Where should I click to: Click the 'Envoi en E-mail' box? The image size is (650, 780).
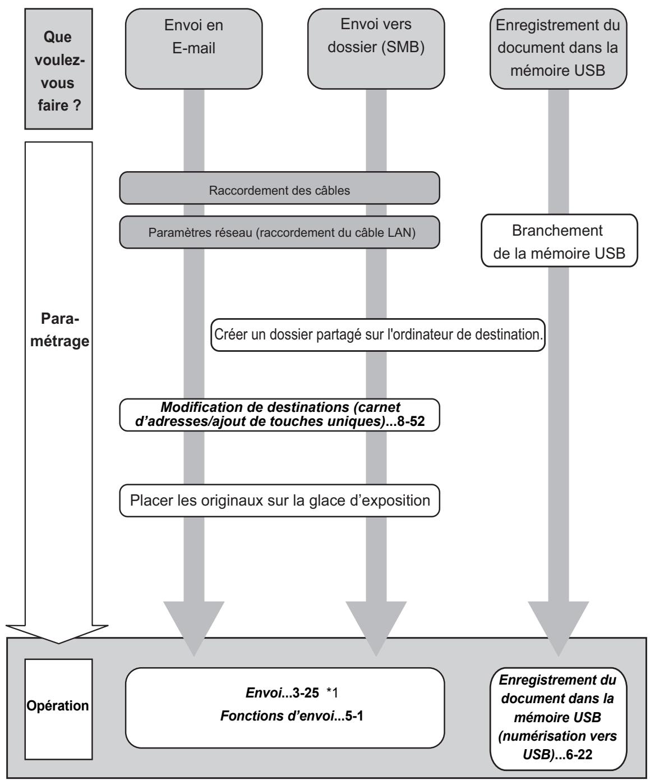click(194, 49)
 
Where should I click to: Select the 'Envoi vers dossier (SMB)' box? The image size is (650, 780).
click(376, 49)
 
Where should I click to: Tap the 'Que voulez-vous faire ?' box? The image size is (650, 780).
click(59, 69)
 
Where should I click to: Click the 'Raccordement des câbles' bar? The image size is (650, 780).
click(280, 188)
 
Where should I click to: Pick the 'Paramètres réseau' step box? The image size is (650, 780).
click(280, 232)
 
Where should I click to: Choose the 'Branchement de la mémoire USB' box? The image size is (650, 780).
click(559, 241)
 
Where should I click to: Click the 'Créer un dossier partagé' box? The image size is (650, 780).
click(378, 334)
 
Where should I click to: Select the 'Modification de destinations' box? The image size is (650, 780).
click(280, 415)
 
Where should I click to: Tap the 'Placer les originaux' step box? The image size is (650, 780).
click(280, 501)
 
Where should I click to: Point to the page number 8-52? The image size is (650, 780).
click(411, 421)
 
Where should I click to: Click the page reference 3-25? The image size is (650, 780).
click(306, 693)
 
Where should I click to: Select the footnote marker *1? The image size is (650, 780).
click(332, 693)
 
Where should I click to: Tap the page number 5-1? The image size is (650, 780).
click(354, 715)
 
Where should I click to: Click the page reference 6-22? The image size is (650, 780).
click(579, 755)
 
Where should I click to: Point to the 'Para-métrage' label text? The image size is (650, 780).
click(60, 330)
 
